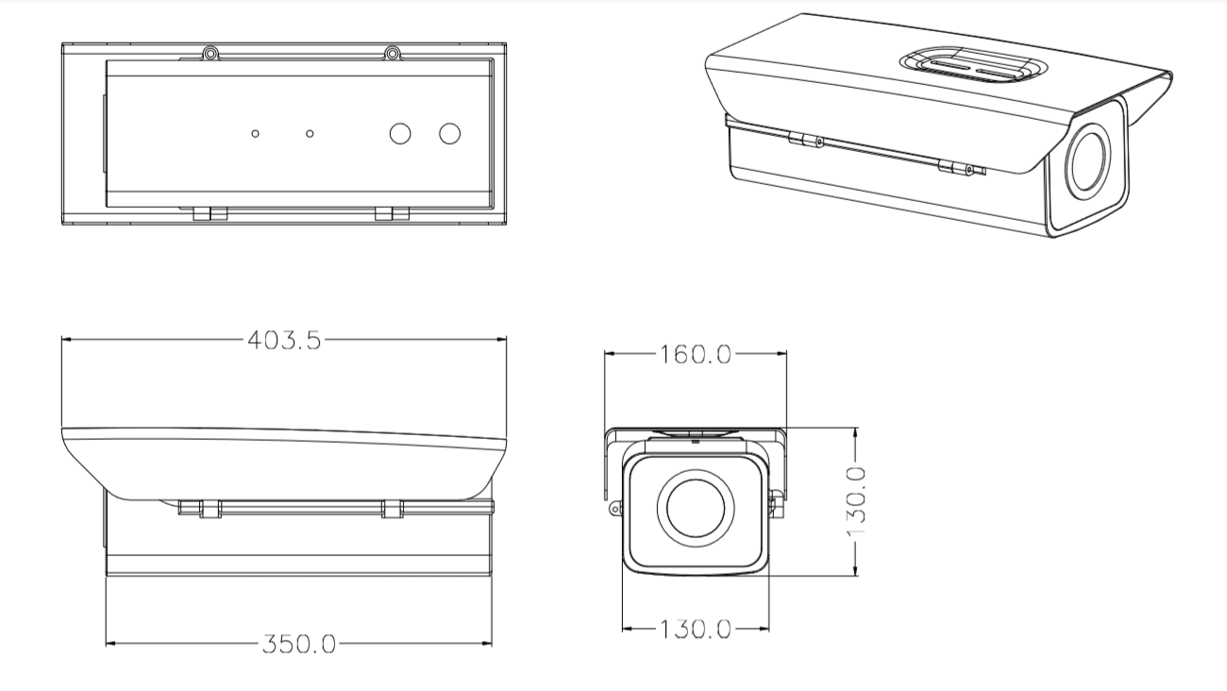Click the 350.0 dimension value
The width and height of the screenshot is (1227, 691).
click(299, 644)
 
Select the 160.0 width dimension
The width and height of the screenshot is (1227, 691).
click(697, 354)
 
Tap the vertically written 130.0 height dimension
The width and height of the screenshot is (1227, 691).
click(856, 500)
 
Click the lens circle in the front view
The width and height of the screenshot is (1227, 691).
click(695, 507)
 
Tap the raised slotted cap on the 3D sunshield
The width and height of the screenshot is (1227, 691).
click(971, 65)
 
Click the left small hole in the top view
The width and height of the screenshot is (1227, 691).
click(256, 133)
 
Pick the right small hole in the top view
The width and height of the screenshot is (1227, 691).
click(310, 133)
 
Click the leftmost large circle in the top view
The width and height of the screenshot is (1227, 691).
click(401, 133)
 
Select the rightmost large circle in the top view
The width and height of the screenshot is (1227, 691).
click(449, 133)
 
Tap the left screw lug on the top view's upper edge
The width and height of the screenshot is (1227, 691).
click(211, 53)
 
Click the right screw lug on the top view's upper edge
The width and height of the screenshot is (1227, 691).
click(392, 53)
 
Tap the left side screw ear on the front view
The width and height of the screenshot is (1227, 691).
click(615, 508)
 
